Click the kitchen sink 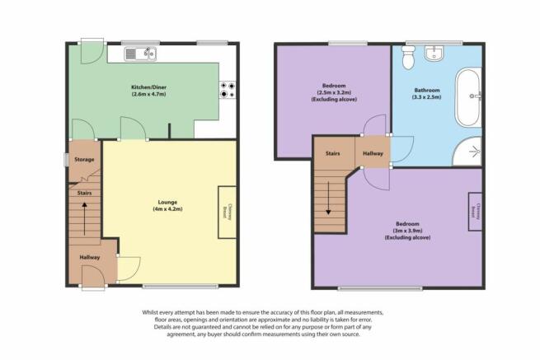click(140, 54)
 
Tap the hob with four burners click(228, 90)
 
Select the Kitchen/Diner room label click(148, 87)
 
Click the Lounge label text click(167, 202)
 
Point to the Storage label click(84, 159)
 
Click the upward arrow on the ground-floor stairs click(84, 219)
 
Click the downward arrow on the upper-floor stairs click(328, 198)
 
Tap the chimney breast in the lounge click(228, 212)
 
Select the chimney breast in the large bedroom click(475, 212)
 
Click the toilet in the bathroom click(408, 57)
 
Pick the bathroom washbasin click(434, 54)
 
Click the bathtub click(468, 98)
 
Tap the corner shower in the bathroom click(468, 152)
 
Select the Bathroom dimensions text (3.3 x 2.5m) click(427, 97)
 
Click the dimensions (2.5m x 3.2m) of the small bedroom click(334, 92)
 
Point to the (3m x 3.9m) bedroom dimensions click(408, 231)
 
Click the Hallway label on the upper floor click(373, 153)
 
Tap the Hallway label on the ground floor click(90, 257)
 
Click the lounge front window click(181, 286)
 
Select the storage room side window click(67, 160)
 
